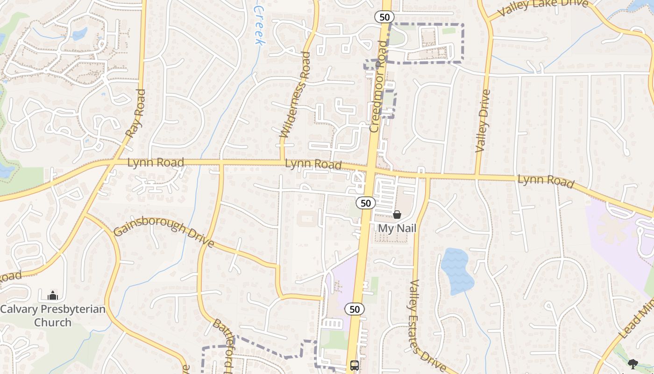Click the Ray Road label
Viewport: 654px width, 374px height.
click(136, 114)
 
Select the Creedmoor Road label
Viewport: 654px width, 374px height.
click(379, 86)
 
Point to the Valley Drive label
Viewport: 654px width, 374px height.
click(483, 121)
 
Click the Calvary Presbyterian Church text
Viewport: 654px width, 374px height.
click(52, 316)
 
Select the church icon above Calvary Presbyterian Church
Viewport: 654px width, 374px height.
click(53, 295)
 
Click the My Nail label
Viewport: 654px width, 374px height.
click(397, 229)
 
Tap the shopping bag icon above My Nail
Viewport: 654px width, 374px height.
click(397, 215)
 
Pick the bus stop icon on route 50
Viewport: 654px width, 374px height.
click(355, 365)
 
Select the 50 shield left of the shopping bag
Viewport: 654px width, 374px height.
click(366, 203)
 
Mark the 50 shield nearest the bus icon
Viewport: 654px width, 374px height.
click(355, 309)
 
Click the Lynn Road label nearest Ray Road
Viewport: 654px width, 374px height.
click(156, 163)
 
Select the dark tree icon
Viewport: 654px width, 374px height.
click(633, 364)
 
